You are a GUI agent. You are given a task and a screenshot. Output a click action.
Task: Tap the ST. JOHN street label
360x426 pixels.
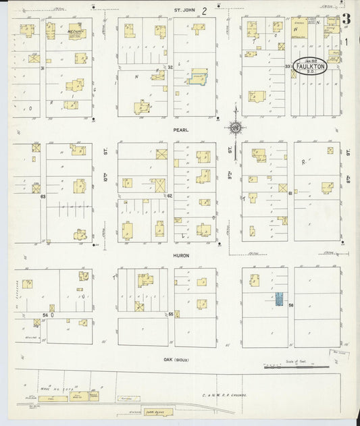pyautogui.click(x=184, y=10)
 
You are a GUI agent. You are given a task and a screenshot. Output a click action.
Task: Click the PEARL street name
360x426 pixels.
pyautogui.click(x=180, y=130)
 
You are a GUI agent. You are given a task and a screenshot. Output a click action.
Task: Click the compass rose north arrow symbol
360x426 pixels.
pyautogui.click(x=235, y=127)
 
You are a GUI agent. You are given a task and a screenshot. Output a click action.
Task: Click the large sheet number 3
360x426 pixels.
pyautogui.click(x=346, y=19)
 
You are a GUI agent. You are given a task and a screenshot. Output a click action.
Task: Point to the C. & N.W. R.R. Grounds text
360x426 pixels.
pyautogui.click(x=225, y=395)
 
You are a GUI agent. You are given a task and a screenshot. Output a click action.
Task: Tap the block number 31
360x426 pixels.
pyautogui.click(x=42, y=68)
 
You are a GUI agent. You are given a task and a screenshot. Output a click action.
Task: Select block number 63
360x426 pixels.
pyautogui.click(x=42, y=196)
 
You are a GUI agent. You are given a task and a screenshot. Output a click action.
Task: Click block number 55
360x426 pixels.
pyautogui.click(x=171, y=315)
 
